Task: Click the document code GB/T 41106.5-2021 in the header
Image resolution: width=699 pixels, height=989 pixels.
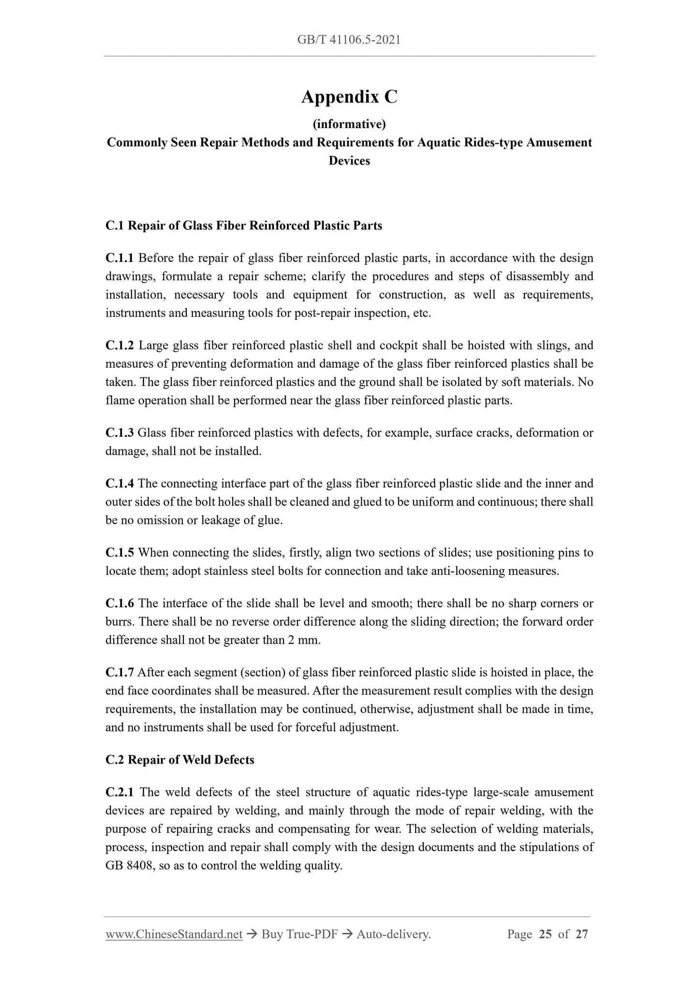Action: tap(349, 40)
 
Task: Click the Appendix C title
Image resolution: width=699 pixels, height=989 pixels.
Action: tap(349, 97)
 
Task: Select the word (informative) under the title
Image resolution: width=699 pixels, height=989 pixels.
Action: tap(349, 124)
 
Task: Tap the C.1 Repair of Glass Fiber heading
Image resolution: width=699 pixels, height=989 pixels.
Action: tap(244, 225)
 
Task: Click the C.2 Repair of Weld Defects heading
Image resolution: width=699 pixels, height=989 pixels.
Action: tap(180, 760)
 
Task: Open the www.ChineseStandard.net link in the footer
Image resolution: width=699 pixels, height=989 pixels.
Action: tap(174, 934)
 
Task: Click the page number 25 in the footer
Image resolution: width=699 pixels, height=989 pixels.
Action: tap(545, 934)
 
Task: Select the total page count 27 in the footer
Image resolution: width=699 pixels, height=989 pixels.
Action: tap(581, 934)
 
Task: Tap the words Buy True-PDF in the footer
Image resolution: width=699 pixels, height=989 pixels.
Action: tap(299, 934)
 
